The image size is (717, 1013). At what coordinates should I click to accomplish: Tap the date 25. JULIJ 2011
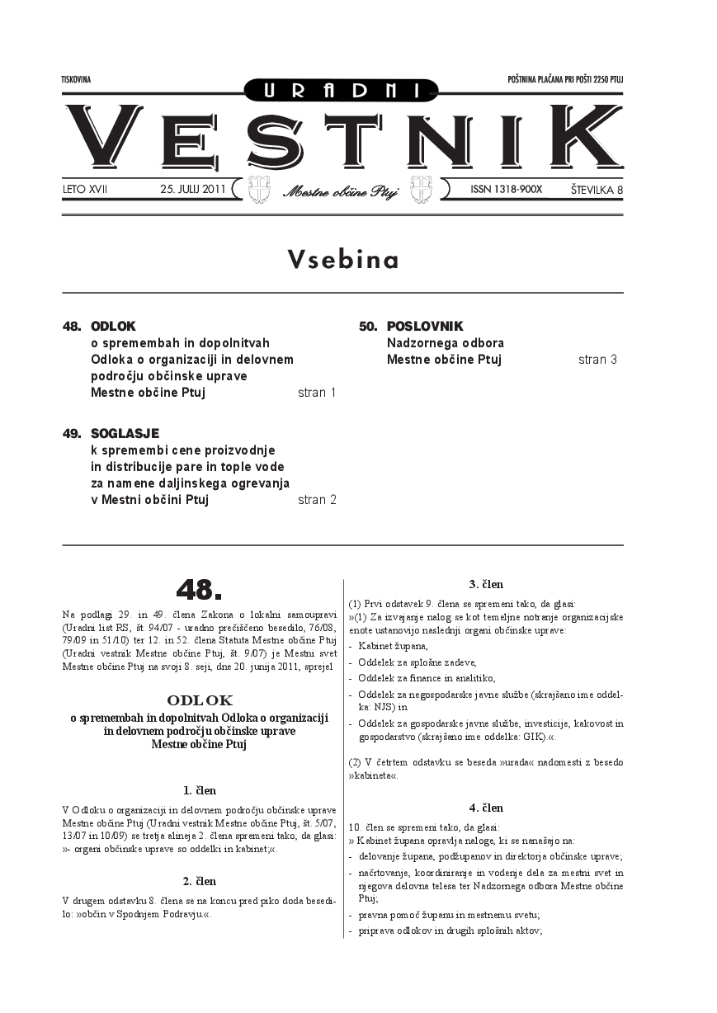tap(192, 189)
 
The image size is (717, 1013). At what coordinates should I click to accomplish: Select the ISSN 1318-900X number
tap(506, 189)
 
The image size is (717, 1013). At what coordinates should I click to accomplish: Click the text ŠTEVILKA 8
tap(596, 190)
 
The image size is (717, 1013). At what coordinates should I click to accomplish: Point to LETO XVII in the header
tap(85, 190)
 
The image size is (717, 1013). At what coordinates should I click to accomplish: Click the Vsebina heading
tap(342, 260)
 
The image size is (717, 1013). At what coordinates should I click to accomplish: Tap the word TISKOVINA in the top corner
tap(76, 80)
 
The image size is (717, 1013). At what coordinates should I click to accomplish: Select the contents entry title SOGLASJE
tap(125, 433)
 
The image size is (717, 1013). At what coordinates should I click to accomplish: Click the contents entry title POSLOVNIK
tap(425, 327)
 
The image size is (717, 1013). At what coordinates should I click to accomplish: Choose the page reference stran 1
tap(317, 393)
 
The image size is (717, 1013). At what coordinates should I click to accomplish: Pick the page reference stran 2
tap(317, 499)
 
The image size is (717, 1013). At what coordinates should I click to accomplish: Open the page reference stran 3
tap(597, 360)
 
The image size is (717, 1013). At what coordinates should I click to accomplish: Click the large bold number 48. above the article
tap(199, 589)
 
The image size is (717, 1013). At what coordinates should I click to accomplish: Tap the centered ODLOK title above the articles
tap(199, 700)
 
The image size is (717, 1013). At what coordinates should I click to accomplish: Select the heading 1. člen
tap(200, 790)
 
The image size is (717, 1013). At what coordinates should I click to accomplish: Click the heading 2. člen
tap(200, 881)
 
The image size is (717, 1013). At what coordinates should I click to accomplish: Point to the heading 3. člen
tap(486, 584)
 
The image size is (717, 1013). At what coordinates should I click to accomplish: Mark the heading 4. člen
tap(486, 808)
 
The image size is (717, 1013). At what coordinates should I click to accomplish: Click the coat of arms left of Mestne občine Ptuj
tap(259, 189)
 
